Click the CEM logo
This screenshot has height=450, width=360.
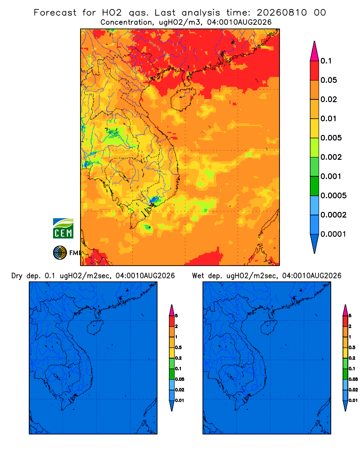[x=63, y=228]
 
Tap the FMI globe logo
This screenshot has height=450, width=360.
[x=60, y=252]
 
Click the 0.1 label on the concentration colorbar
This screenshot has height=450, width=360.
[x=326, y=61]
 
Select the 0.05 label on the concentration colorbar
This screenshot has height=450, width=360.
[x=328, y=80]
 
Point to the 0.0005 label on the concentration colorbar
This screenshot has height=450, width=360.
[x=333, y=195]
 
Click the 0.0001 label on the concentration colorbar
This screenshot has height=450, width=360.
[x=333, y=234]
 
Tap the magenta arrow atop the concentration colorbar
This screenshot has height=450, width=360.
[x=315, y=51]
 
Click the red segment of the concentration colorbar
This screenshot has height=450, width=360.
[x=315, y=71]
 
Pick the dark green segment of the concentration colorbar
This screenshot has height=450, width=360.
[x=315, y=186]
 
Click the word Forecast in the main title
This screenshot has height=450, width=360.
[x=55, y=13]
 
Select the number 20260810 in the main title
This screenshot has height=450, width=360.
[x=282, y=13]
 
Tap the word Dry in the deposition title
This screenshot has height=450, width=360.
[x=17, y=276]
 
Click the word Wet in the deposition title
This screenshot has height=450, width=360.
[x=198, y=276]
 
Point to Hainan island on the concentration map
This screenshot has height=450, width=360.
[x=183, y=99]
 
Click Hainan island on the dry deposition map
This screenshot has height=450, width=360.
[x=95, y=328]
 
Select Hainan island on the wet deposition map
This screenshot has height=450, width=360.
[x=269, y=328]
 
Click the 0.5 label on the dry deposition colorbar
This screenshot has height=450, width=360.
[x=178, y=347]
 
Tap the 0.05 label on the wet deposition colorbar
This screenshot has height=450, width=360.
[x=353, y=379]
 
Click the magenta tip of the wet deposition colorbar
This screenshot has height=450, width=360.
[x=345, y=310]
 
